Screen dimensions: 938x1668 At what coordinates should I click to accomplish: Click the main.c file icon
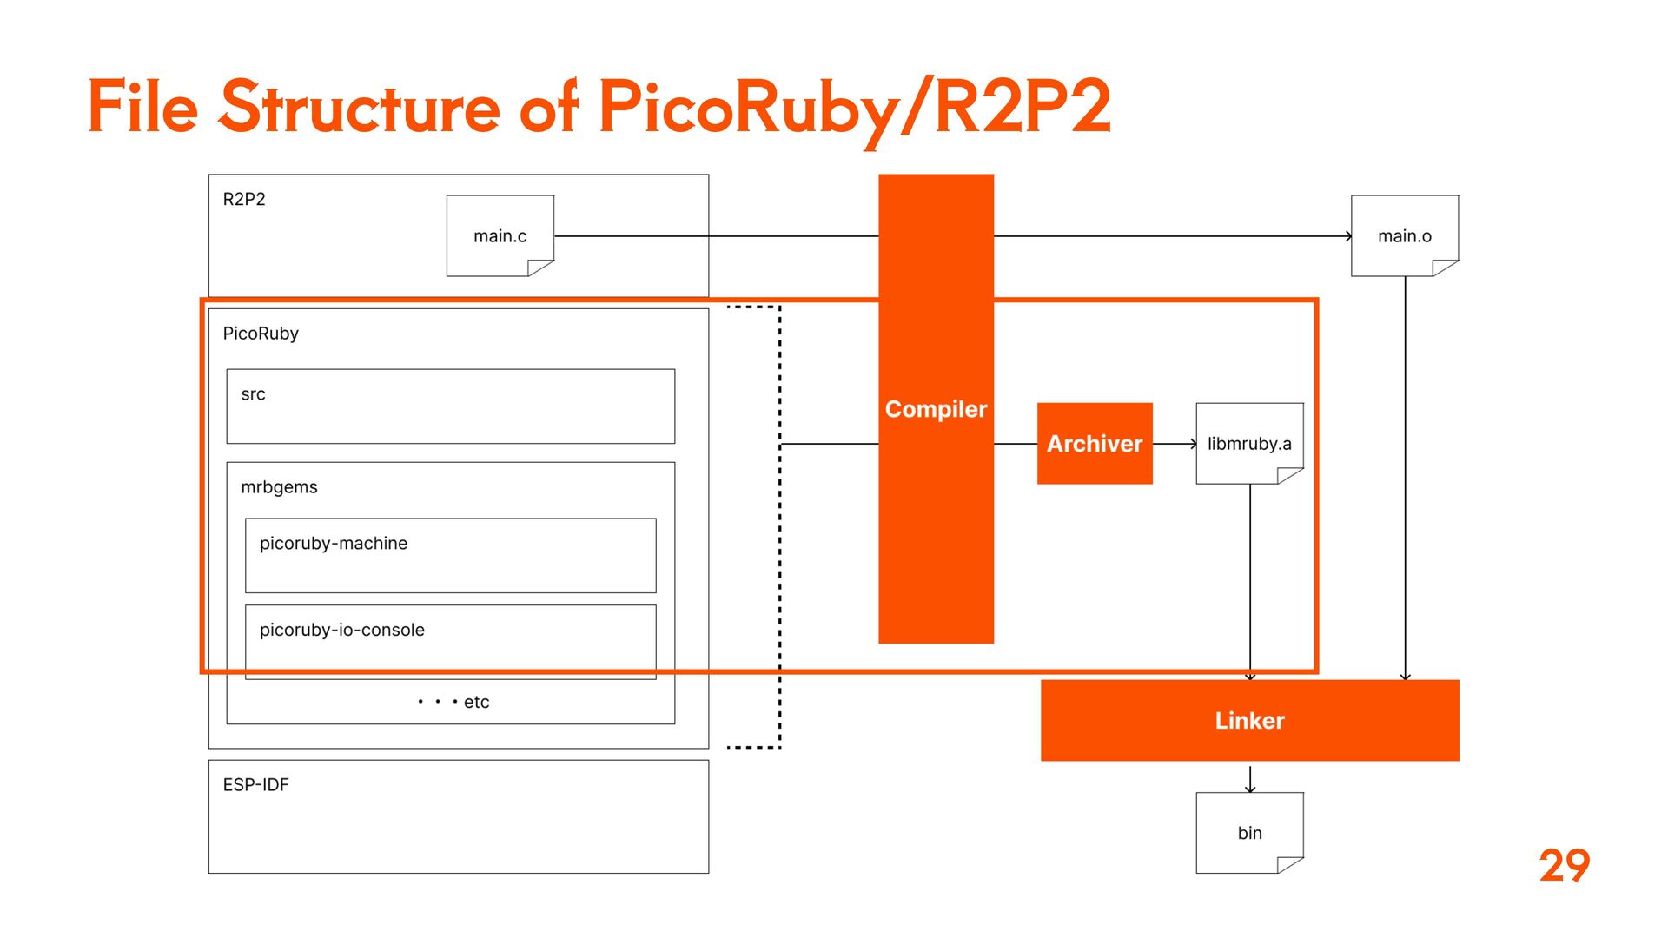point(500,235)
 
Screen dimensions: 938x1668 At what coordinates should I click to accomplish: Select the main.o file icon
point(1405,235)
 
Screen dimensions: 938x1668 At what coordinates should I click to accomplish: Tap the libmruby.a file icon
point(1249,443)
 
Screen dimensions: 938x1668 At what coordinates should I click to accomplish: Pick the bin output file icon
point(1249,832)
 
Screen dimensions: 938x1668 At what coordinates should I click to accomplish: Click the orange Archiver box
point(1095,443)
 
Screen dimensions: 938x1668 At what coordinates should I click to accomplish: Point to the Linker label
point(1249,720)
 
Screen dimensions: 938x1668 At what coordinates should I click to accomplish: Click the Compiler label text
point(936,409)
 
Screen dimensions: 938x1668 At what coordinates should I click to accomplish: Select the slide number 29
point(1564,865)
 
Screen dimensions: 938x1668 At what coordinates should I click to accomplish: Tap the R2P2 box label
point(244,199)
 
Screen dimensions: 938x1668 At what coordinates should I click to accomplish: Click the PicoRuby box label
point(261,334)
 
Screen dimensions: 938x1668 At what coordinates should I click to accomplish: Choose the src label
point(253,394)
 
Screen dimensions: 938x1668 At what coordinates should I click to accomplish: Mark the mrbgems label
point(279,487)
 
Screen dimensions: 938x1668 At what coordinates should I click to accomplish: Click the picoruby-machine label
point(334,544)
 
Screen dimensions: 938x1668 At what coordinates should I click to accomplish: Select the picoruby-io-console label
point(342,630)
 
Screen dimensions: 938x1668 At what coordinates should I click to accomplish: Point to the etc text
point(476,702)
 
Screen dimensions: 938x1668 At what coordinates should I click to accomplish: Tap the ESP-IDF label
point(255,784)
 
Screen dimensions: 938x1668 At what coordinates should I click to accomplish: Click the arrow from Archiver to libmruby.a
point(1175,444)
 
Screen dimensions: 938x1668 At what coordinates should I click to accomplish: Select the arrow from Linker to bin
point(1250,778)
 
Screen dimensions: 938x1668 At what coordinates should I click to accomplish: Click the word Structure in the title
point(359,108)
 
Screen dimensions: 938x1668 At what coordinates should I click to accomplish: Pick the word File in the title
point(143,108)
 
